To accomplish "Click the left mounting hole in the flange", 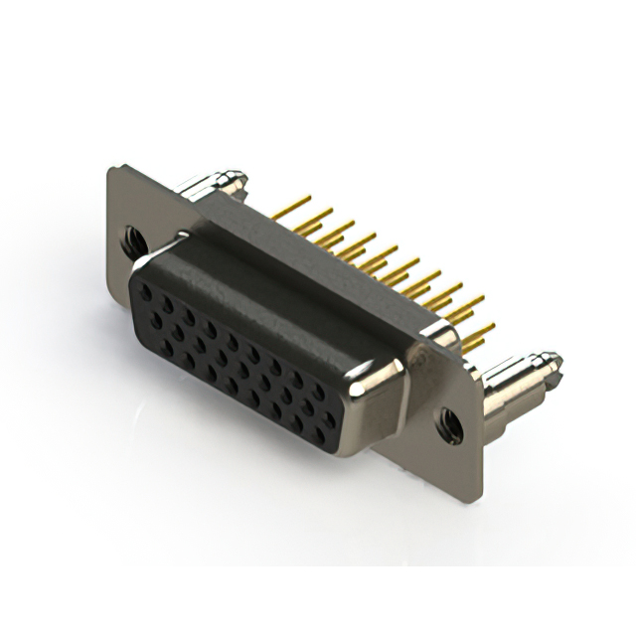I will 132,238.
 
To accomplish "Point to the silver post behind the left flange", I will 210,185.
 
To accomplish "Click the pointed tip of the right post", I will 552,360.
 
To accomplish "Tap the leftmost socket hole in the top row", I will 146,294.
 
